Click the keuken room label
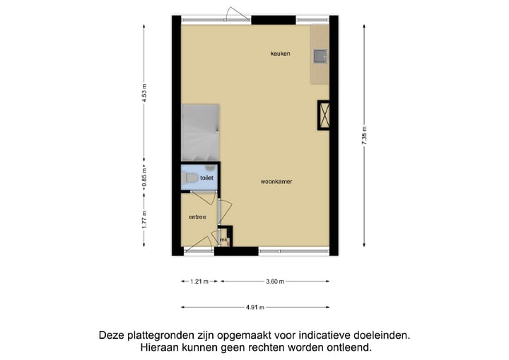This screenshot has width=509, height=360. (280, 54)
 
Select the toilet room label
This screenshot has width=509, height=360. (206, 178)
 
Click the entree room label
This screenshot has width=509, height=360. (197, 217)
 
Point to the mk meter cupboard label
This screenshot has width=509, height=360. (223, 240)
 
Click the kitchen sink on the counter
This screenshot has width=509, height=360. (320, 55)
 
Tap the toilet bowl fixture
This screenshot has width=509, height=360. (189, 178)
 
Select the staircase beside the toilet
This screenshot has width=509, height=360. (200, 132)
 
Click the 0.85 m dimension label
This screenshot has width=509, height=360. (144, 175)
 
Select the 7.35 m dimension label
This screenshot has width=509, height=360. (364, 134)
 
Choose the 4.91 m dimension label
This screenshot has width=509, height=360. (255, 307)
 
